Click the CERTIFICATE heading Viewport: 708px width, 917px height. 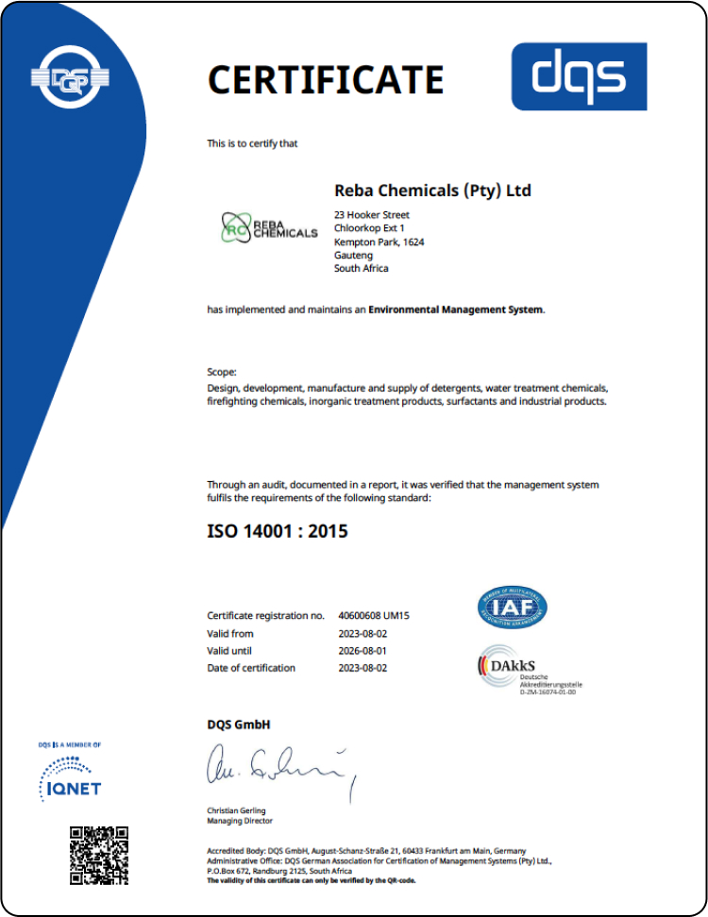coord(325,79)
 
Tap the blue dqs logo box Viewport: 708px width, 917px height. coord(579,76)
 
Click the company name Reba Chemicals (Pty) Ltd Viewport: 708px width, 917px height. coord(432,191)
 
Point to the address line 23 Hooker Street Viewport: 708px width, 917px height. coord(372,215)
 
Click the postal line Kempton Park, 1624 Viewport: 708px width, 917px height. coord(379,242)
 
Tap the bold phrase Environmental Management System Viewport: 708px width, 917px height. coord(456,308)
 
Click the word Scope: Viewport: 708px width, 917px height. coord(222,373)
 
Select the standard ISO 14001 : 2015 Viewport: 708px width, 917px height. coord(278,531)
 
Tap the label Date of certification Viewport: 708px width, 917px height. coord(251,668)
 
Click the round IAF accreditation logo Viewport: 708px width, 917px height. coord(512,609)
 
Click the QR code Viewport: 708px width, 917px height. coord(99,855)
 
